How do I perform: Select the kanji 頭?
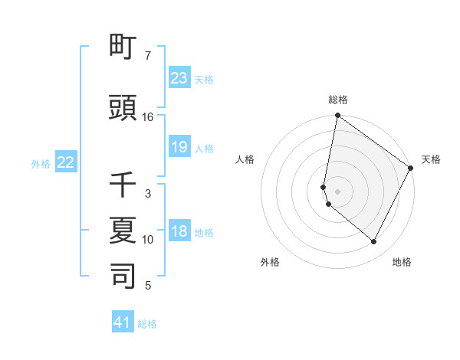tap(123, 108)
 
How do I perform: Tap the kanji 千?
tap(123, 185)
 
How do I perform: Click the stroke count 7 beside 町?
tap(148, 56)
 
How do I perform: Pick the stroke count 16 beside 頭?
tap(148, 117)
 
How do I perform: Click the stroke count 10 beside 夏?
tap(148, 240)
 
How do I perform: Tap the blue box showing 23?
tap(179, 78)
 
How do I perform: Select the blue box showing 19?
tap(179, 147)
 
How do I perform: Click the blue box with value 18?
tap(179, 231)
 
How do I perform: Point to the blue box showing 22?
tap(65, 162)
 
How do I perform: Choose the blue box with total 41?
tap(123, 322)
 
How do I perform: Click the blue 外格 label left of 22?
tap(41, 163)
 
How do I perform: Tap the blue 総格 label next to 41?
tap(147, 324)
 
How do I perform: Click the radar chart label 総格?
tap(338, 100)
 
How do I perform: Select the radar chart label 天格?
tap(431, 159)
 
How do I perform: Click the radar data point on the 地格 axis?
tap(374, 242)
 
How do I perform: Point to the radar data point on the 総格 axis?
tap(338, 116)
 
